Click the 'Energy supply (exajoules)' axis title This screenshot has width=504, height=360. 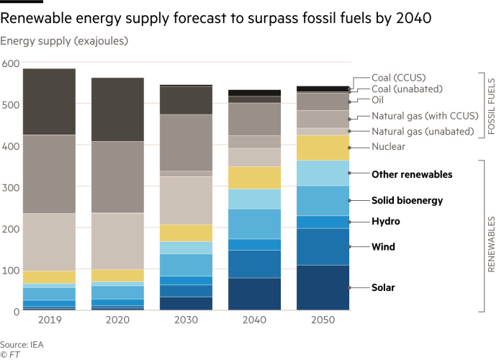click(64, 41)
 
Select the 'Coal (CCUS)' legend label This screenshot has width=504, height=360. click(397, 78)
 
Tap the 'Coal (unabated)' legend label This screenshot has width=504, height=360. click(407, 89)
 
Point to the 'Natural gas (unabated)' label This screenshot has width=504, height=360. click(422, 131)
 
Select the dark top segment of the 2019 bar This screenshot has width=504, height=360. click(49, 102)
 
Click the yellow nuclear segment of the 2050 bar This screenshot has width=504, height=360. click(323, 148)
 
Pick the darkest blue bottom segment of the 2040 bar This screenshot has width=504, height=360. click(254, 294)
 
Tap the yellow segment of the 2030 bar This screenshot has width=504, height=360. click(186, 233)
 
